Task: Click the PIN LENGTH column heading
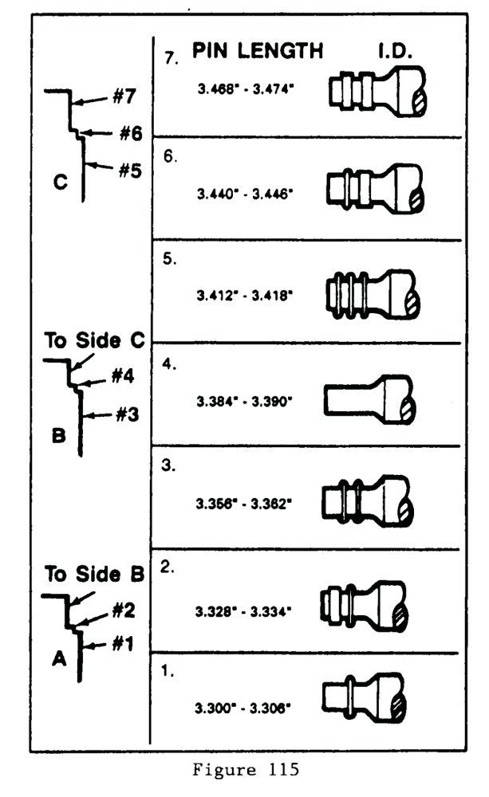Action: click(258, 50)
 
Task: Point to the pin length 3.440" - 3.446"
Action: click(246, 193)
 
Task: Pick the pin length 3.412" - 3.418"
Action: click(246, 295)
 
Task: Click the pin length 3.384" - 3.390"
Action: click(246, 398)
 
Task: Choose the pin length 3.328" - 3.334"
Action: click(246, 612)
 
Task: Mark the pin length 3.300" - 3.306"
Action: click(246, 707)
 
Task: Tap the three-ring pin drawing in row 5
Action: click(371, 292)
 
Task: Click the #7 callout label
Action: click(126, 97)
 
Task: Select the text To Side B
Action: click(93, 574)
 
